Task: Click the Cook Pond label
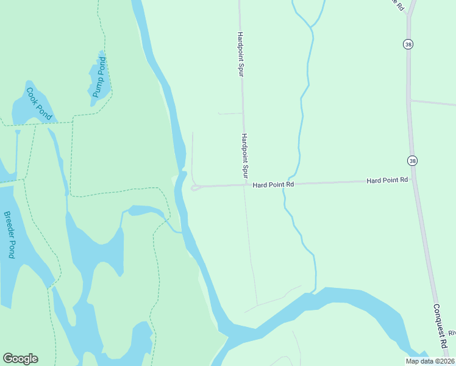[39, 104]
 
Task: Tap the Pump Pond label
[99, 77]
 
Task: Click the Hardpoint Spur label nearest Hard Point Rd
[245, 156]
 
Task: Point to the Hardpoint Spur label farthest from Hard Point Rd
[240, 54]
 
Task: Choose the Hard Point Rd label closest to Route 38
[387, 181]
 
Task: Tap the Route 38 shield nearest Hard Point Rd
[413, 160]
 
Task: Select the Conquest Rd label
[440, 326]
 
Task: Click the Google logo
[20, 359]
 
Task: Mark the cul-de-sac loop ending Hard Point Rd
[195, 188]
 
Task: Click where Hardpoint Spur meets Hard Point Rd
[245, 185]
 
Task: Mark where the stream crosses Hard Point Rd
[284, 184]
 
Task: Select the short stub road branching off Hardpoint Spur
[230, 113]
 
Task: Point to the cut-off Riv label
[452, 333]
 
